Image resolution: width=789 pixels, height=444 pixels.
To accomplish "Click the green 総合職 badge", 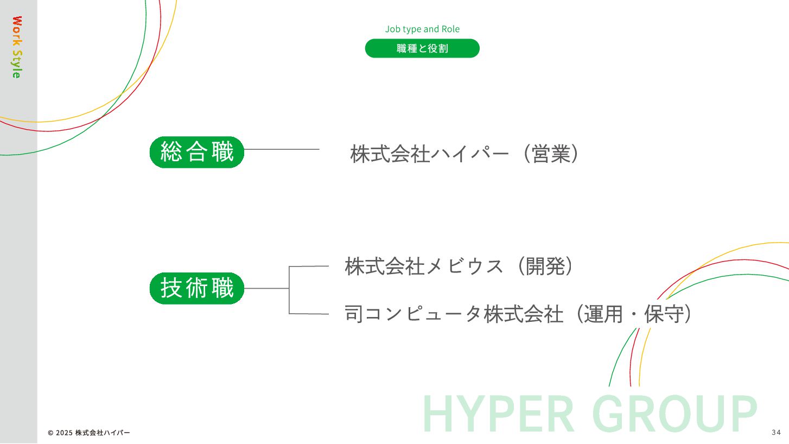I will pos(197,152).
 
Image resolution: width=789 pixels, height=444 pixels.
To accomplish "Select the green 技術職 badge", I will pos(197,288).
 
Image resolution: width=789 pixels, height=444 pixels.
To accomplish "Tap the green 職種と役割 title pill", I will pos(422,48).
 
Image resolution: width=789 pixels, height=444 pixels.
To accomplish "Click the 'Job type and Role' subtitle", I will pos(422,29).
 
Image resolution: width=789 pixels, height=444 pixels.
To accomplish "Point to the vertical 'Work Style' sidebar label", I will pos(17,47).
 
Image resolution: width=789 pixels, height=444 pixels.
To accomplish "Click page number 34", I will pos(775,433).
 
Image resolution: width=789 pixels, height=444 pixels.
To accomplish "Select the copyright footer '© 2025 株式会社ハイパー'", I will pos(89,433).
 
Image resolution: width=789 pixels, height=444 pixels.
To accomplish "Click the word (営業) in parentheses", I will pos(551,154).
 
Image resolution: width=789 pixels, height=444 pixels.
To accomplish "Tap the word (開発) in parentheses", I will pos(545,267).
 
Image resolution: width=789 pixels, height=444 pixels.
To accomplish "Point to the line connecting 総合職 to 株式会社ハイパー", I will pos(282,149).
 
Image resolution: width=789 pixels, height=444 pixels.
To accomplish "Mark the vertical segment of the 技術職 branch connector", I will pos(289,290).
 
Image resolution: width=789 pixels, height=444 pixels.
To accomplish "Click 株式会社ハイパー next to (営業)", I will pos(429,154).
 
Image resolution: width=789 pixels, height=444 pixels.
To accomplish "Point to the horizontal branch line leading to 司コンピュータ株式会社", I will pos(309,314).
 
